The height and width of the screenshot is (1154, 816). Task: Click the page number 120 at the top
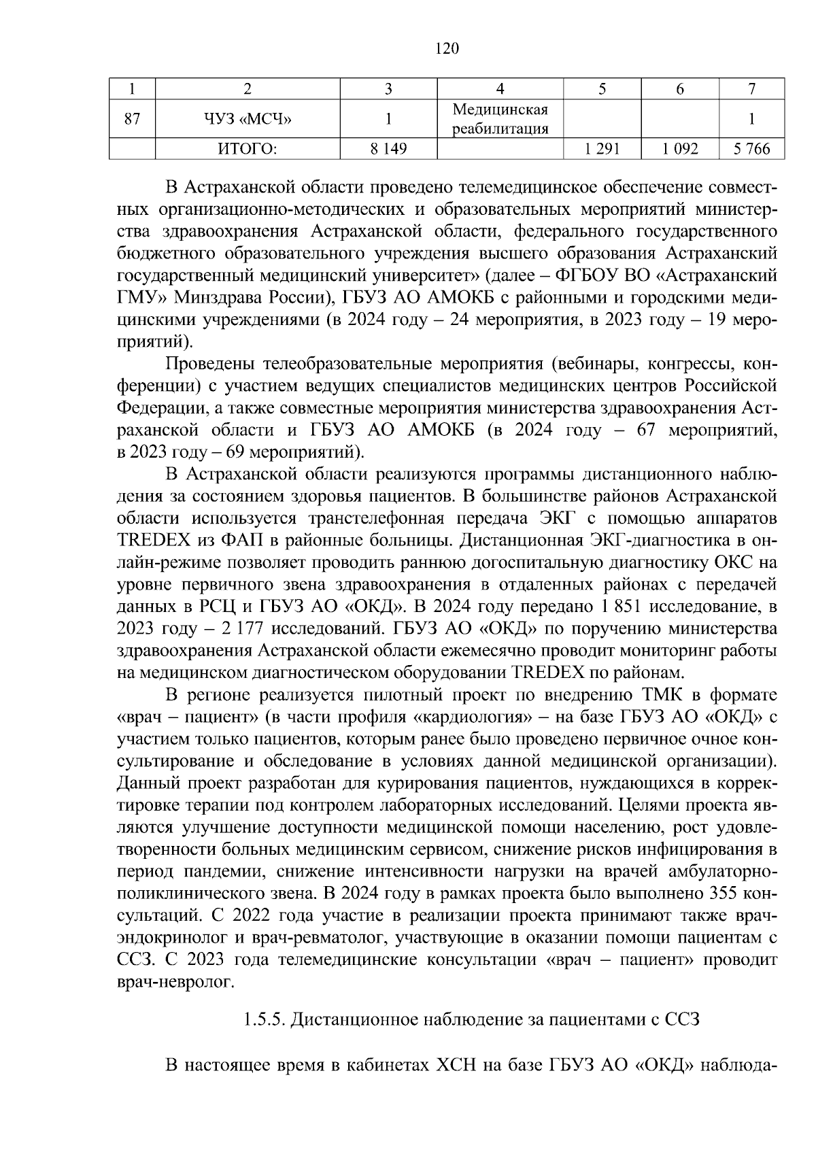tap(446, 48)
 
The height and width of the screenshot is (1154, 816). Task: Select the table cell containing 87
tap(133, 120)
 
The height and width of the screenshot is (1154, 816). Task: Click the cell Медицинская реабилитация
tap(500, 120)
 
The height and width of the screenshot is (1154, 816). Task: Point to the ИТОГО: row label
tap(247, 149)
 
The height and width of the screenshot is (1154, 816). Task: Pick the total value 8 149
tap(388, 149)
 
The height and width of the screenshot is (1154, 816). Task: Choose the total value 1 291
tap(601, 149)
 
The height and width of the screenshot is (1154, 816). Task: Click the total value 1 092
tap(679, 149)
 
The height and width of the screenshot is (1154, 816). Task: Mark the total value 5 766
tap(751, 149)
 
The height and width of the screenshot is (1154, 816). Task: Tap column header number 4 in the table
tap(500, 88)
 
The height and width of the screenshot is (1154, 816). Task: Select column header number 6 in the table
tap(679, 88)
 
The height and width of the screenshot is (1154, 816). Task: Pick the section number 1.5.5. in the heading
tap(263, 1021)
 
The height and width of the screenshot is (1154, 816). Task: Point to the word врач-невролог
tap(175, 982)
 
